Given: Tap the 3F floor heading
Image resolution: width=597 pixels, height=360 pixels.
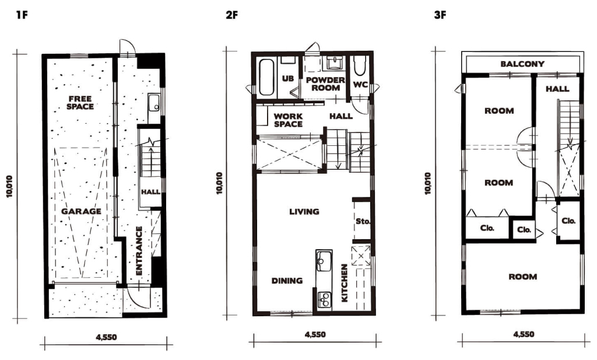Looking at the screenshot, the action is pos(440,15).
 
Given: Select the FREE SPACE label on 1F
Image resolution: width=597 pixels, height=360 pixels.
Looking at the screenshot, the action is pos(80,103).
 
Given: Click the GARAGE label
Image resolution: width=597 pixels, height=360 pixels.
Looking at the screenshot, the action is pos(82,211).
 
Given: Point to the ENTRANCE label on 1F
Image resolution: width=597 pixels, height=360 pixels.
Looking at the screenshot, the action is pos(139,251).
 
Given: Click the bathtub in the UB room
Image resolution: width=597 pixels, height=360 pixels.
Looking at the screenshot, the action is pos(266,78).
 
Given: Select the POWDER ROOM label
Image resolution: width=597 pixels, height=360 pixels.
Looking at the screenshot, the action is pos(325,84).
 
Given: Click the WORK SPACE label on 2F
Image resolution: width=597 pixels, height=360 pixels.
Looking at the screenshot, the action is pos(288,120).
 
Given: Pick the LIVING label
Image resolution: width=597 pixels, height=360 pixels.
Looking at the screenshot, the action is pos(304,211).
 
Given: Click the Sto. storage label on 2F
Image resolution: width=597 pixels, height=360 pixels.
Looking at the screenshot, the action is pos(363,221).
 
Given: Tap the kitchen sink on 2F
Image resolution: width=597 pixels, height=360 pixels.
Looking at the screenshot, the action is pos(324,261).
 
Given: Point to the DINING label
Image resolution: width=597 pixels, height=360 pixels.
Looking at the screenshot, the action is pos(287,281).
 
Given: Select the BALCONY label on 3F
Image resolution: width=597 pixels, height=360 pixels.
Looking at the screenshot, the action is pos(522,64).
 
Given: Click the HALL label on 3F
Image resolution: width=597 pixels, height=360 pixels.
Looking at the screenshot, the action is pos(557,89).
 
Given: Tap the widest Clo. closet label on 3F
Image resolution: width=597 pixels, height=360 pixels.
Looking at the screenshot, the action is pos(487,228).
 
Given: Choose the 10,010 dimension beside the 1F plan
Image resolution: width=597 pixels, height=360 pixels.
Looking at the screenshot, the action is pos(9,186).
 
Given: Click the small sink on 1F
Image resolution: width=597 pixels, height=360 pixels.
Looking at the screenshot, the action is pos(154,103).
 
